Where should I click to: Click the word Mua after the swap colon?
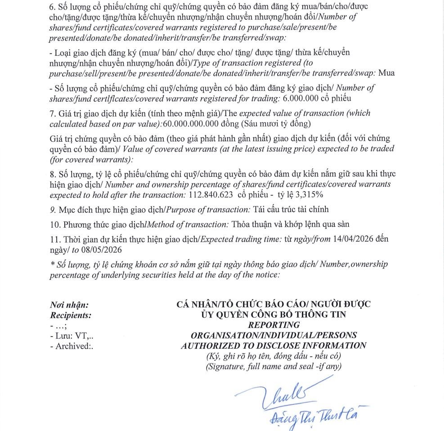point(387,73)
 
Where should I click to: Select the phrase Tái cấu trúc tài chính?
point(291,209)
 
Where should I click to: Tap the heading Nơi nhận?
point(69,305)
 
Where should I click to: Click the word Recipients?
point(71,315)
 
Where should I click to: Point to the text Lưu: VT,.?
point(74,336)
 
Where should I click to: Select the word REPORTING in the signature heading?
point(274,325)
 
